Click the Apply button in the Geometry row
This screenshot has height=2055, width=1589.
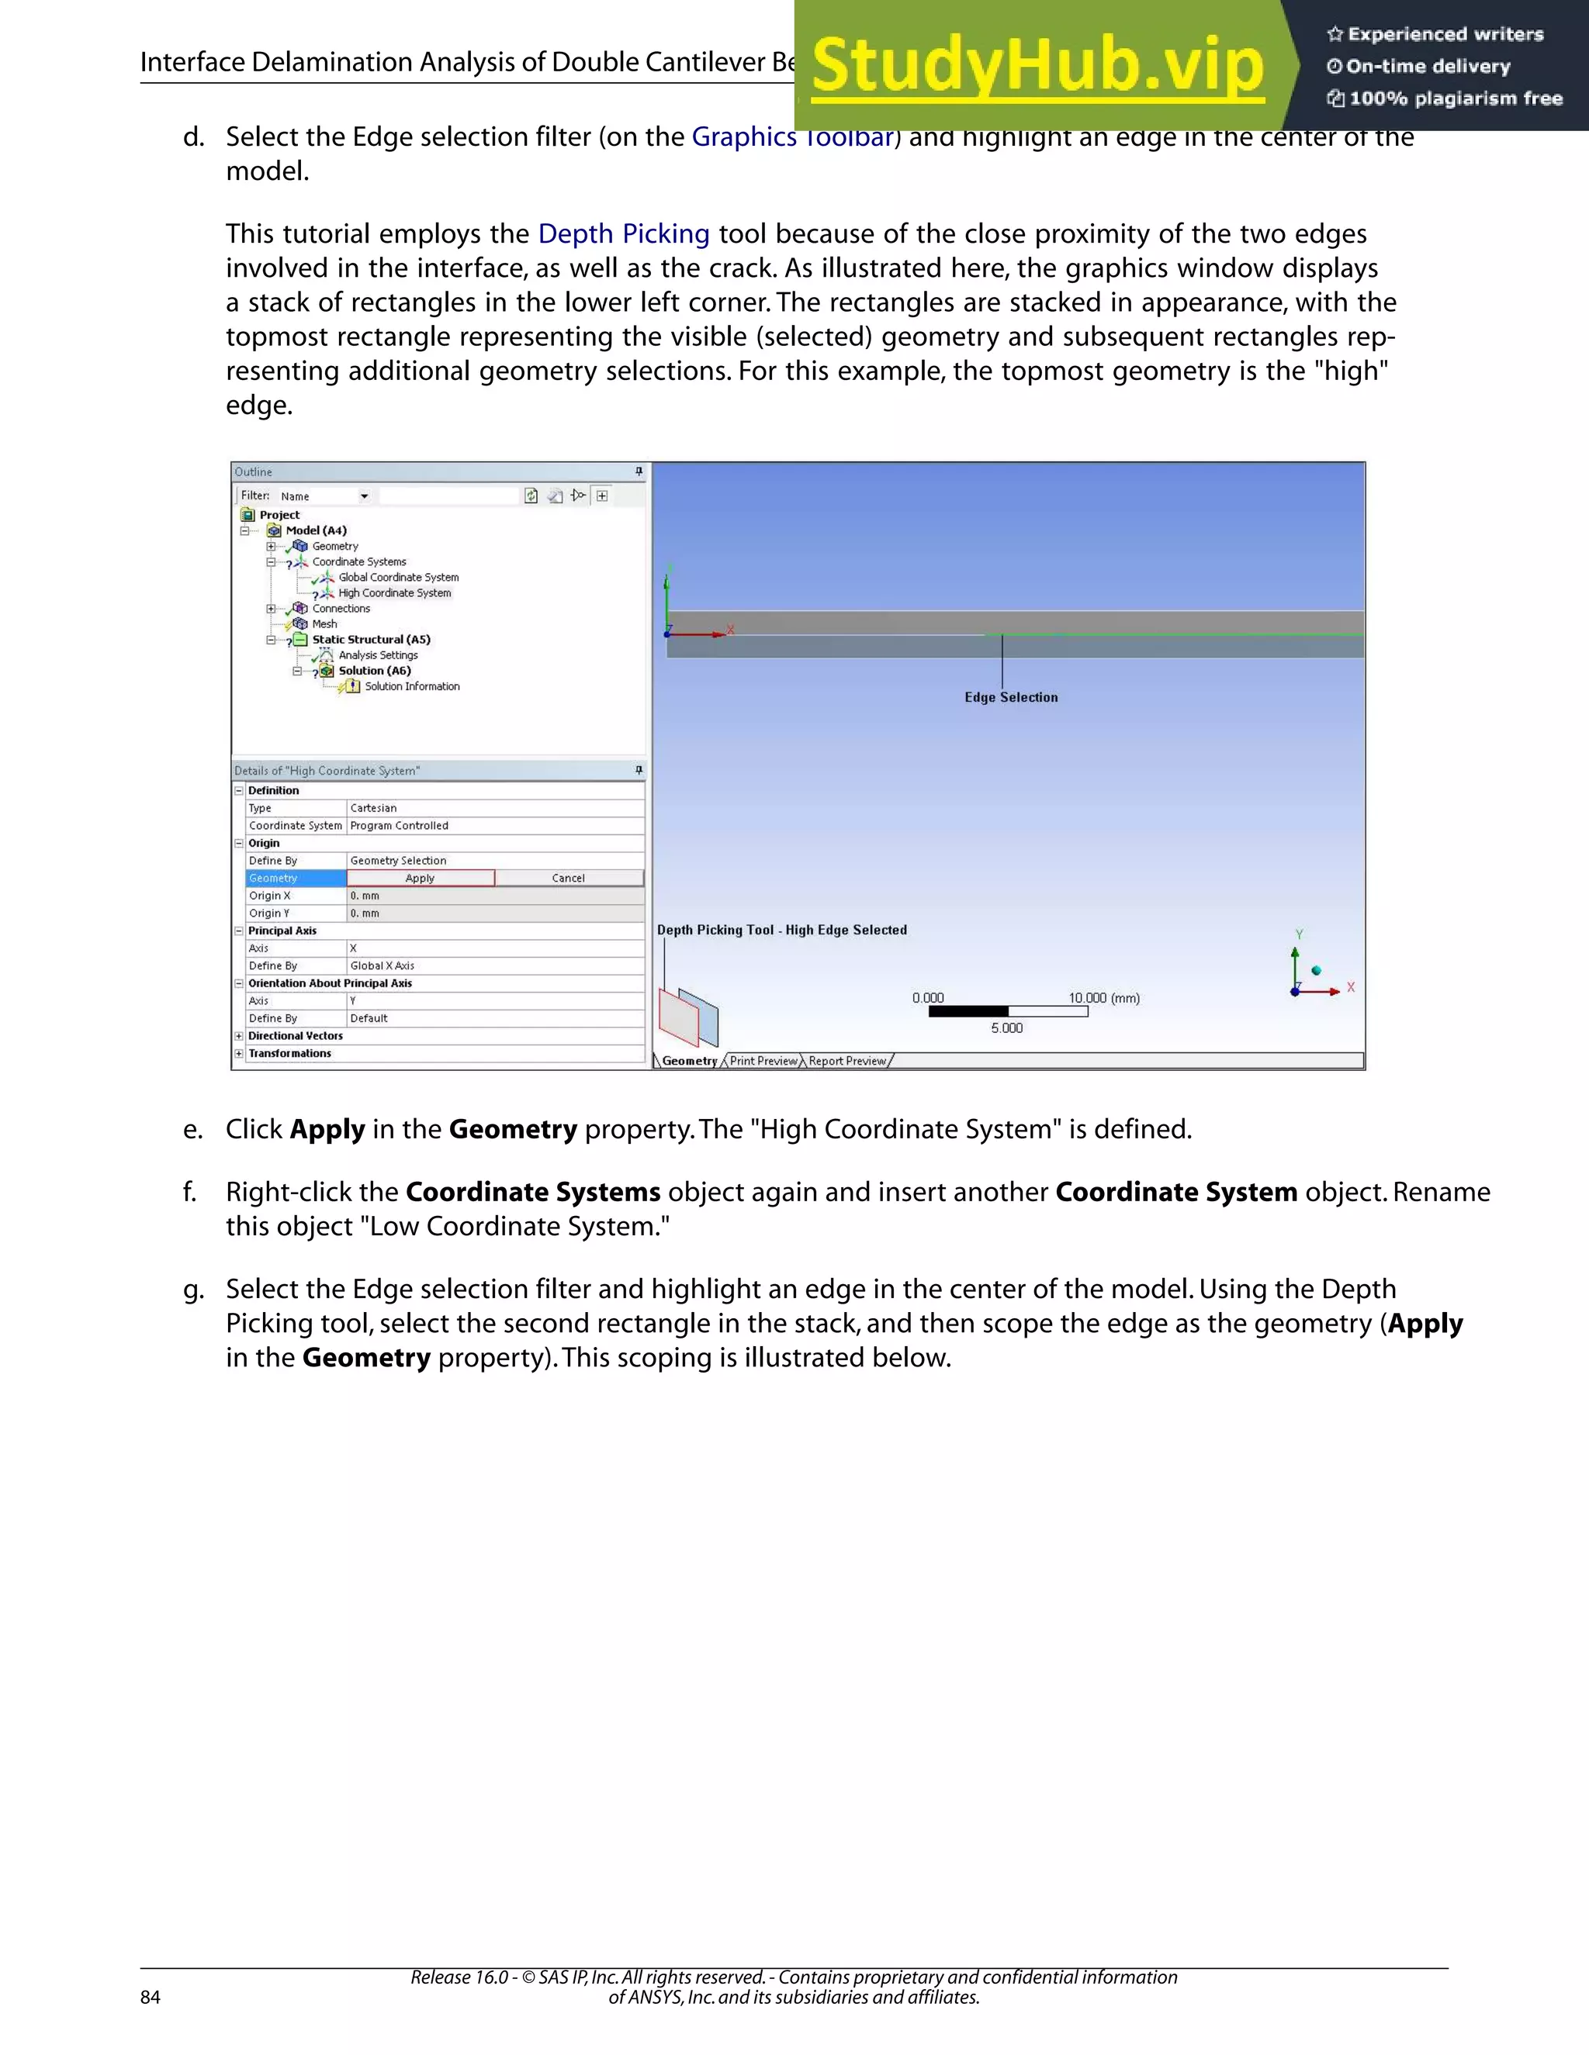pos(420,878)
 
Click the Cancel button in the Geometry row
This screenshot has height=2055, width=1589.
pos(568,878)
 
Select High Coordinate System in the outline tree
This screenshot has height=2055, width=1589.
pos(394,592)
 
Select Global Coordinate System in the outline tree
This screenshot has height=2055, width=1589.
pos(398,577)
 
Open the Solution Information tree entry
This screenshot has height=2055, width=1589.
pos(411,686)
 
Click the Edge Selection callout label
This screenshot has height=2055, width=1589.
pos(1011,697)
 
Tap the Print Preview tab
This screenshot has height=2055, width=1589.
pos(763,1060)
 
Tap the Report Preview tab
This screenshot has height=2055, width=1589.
pos(847,1060)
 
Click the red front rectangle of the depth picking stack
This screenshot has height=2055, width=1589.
pos(678,1019)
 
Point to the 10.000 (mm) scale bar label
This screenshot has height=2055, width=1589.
pos(1103,997)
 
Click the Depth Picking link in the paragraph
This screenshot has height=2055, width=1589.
pos(623,233)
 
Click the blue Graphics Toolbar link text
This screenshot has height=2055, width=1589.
pos(743,137)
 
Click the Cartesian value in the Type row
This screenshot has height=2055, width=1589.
pos(374,807)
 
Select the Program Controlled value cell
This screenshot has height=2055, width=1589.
pos(399,825)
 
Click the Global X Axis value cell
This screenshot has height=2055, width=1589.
pos(383,965)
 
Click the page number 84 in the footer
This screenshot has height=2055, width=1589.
pos(151,1997)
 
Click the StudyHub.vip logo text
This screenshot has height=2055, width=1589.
pos(1037,66)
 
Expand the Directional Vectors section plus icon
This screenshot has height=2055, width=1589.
pos(239,1036)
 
